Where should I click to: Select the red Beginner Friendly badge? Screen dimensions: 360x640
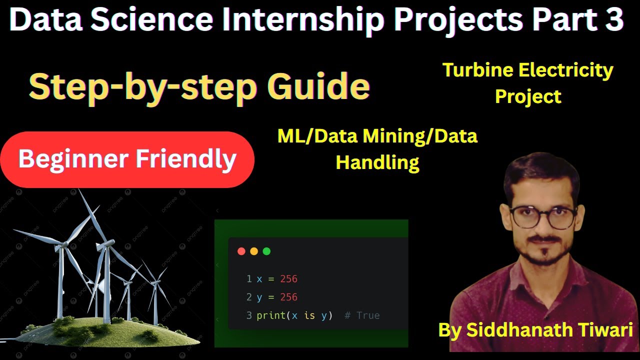click(x=127, y=159)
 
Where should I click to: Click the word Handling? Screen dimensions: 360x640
click(x=377, y=162)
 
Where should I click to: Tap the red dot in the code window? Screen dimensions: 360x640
click(x=241, y=251)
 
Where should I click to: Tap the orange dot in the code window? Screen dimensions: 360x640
click(x=254, y=251)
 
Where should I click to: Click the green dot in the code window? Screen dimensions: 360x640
click(x=266, y=251)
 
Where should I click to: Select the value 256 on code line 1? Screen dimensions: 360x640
click(x=288, y=278)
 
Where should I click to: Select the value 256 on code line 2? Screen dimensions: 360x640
click(x=288, y=297)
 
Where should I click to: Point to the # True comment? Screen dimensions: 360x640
click(x=362, y=315)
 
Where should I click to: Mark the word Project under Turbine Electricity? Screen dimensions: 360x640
click(x=528, y=96)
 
